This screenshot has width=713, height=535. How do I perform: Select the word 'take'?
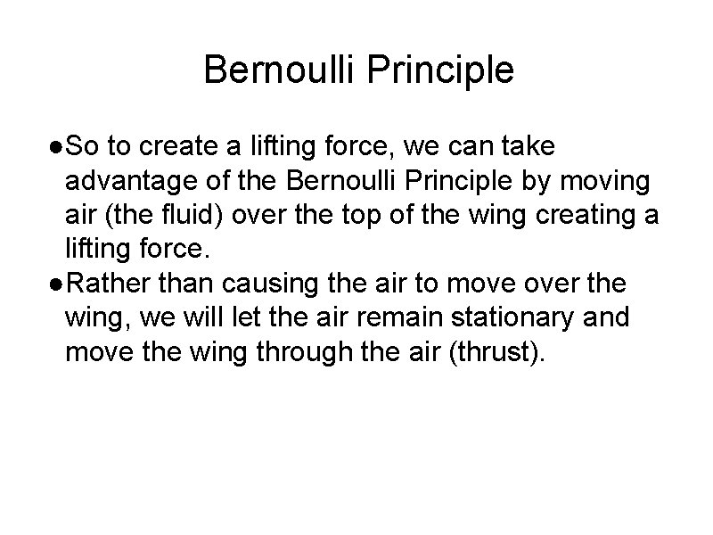tap(554, 145)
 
